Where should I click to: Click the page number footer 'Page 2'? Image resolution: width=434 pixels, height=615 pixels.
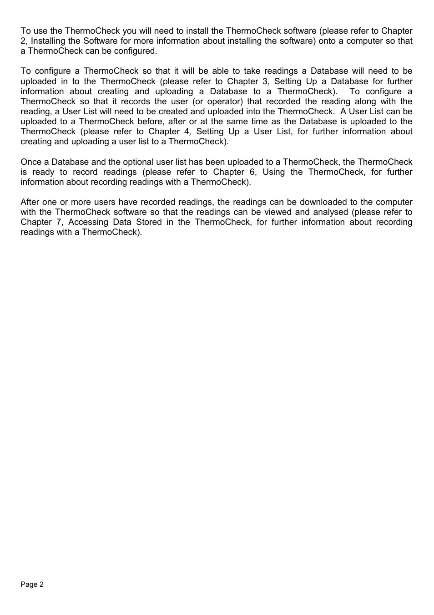coord(32,585)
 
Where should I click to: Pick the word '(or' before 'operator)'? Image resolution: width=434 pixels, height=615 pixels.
coord(198,102)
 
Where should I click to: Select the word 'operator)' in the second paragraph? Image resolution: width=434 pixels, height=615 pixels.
coord(226,102)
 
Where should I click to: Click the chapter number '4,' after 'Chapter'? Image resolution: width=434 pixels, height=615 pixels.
coord(187,132)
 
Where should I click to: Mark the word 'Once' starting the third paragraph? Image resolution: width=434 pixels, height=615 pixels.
coord(31,162)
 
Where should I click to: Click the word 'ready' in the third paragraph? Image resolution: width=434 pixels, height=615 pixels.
coord(43,172)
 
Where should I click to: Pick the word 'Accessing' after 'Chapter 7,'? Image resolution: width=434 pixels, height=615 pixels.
coord(87,222)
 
